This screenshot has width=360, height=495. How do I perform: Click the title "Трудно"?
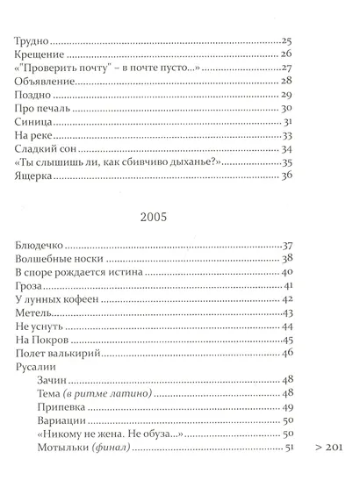point(32,41)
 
